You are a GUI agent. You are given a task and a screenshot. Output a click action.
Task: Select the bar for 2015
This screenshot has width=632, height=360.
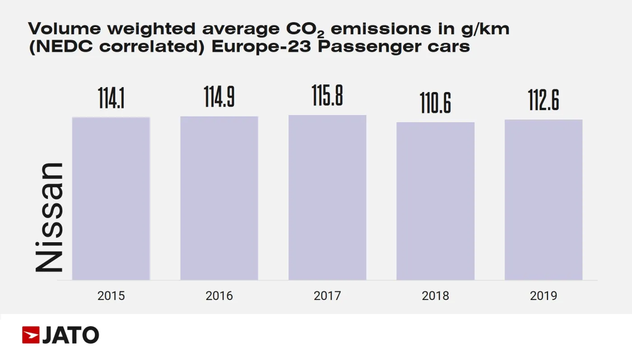[111, 198]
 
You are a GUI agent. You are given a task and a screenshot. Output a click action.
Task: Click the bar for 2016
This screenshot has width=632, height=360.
[219, 198]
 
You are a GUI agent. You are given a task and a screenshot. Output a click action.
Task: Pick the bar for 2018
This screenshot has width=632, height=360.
[435, 201]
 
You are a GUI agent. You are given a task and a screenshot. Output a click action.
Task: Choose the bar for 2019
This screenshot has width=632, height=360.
[544, 200]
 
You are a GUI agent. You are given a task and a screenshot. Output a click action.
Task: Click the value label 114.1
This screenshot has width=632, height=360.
[111, 98]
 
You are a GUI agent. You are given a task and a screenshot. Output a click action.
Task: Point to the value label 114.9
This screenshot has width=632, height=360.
[219, 97]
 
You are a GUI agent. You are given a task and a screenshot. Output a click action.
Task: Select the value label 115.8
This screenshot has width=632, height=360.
[327, 96]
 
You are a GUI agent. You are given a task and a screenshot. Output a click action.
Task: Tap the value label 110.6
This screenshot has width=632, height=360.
[435, 102]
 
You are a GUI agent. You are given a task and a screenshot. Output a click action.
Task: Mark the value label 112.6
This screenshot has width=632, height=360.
[544, 100]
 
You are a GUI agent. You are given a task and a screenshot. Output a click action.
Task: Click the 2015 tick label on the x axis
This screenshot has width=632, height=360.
[111, 296]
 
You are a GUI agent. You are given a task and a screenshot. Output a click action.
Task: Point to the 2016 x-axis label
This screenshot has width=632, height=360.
[219, 296]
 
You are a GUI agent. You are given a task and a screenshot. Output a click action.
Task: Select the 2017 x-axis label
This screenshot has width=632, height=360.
[327, 296]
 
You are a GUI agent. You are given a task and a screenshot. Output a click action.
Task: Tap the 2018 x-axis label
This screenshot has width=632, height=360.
[435, 296]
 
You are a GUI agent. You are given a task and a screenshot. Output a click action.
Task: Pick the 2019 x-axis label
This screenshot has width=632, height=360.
[544, 296]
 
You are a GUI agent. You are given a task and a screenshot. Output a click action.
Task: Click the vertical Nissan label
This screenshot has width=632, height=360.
[49, 217]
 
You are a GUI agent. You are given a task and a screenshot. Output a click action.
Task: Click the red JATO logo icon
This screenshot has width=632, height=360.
[31, 335]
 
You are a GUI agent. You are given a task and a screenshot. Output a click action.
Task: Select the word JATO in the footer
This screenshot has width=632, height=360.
[70, 335]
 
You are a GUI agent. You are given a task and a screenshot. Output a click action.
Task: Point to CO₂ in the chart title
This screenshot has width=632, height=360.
[305, 29]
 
